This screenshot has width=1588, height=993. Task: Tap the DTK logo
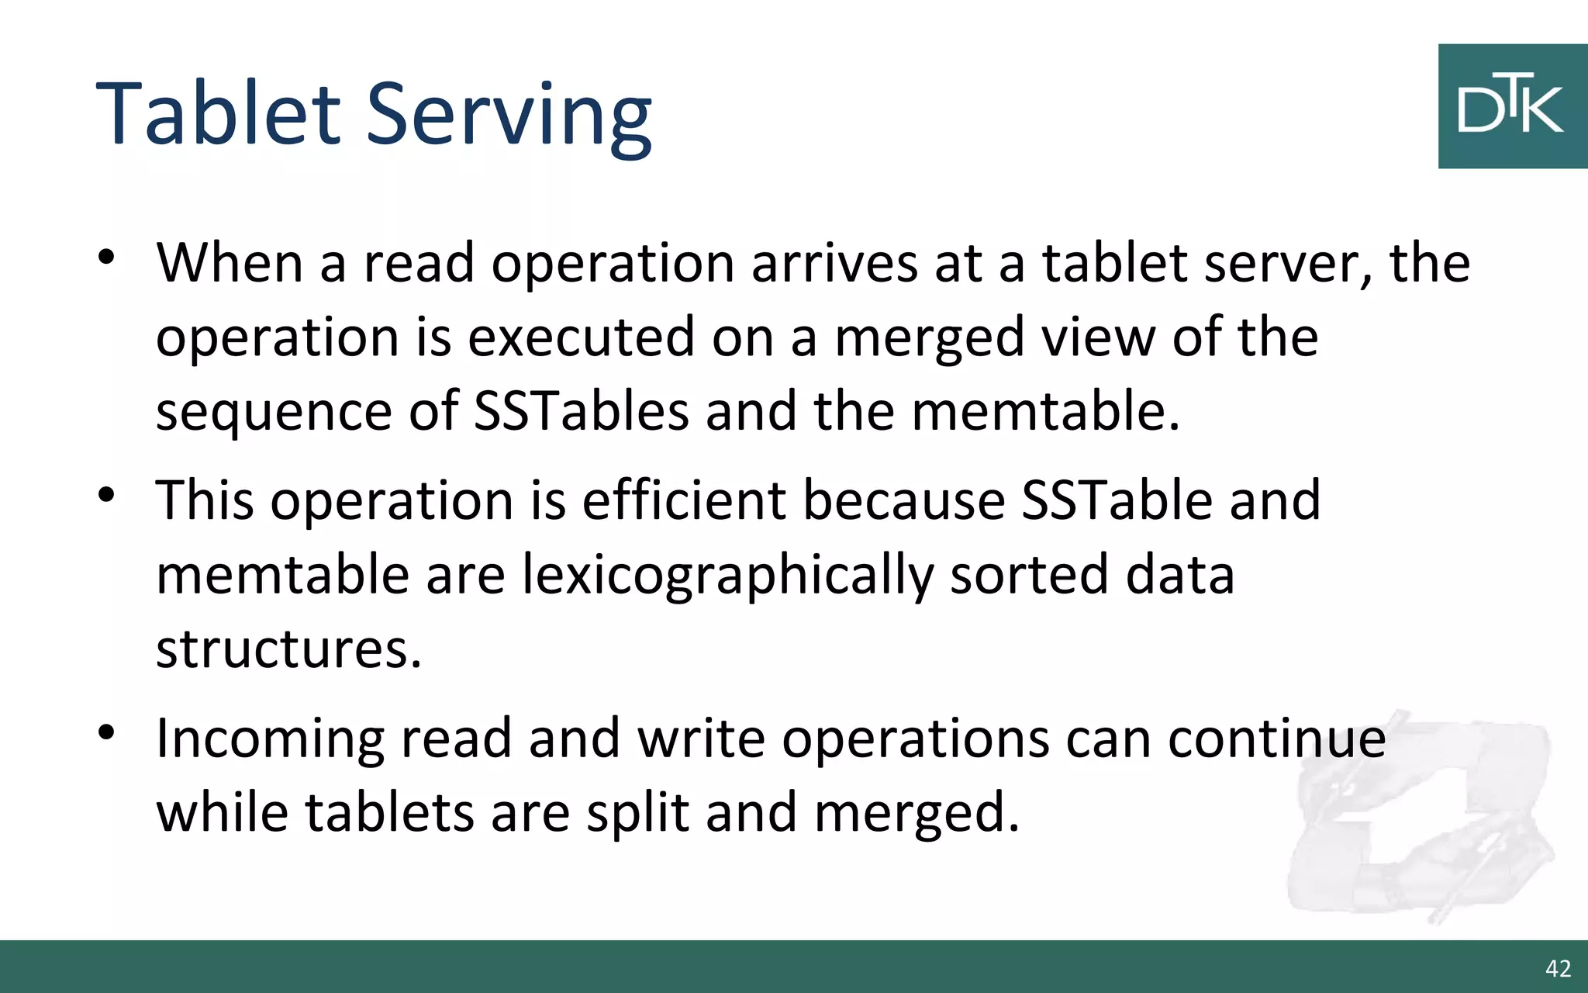point(1512,106)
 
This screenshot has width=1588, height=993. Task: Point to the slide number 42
point(1558,968)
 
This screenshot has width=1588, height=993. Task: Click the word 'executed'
point(581,337)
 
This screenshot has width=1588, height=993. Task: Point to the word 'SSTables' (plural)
point(581,410)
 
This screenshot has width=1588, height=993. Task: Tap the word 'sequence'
point(274,412)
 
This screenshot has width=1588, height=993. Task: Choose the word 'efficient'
point(684,500)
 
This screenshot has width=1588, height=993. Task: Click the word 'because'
point(903,500)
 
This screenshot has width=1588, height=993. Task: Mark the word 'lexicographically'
point(727,576)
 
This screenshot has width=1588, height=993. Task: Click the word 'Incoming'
point(270,739)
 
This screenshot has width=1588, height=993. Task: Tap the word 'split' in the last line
point(637,813)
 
